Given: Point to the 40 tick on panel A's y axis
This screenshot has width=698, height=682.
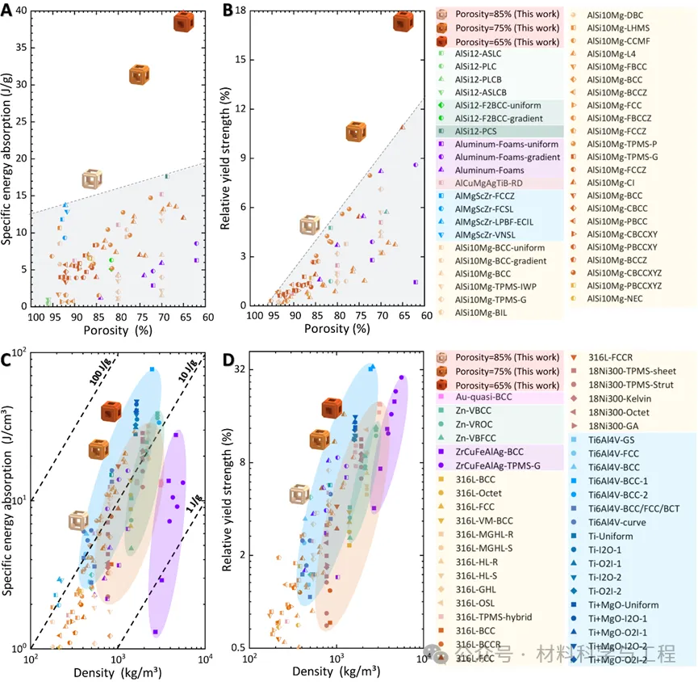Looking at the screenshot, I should [20, 10].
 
